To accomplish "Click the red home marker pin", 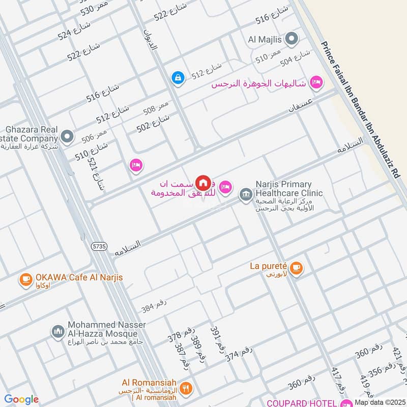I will [x=203, y=183].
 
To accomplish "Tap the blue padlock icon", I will [x=178, y=77].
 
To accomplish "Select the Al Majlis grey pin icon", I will [x=292, y=39].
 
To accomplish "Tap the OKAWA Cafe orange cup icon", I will [x=25, y=279].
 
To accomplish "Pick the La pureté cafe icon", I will [x=297, y=268].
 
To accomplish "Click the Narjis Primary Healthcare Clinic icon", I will [x=246, y=194].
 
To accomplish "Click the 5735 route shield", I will [x=100, y=246].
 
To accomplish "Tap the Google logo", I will [x=21, y=399].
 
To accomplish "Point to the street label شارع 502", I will [x=153, y=124].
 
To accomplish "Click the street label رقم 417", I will [x=338, y=380].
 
